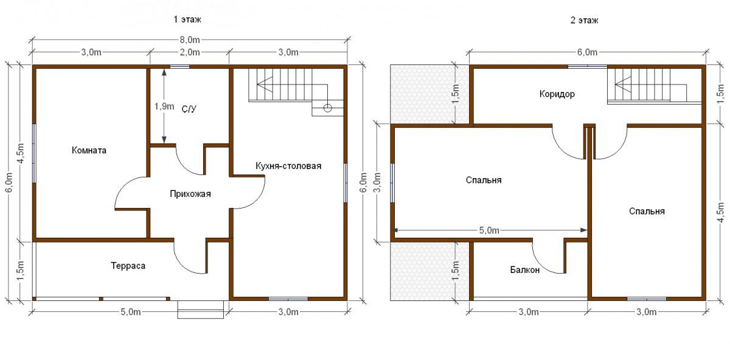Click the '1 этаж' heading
[x=187, y=19]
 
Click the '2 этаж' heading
[x=584, y=20]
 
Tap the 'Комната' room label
[x=89, y=150]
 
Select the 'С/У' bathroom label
[x=189, y=109]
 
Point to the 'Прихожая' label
[x=190, y=194]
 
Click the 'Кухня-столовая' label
[x=288, y=166]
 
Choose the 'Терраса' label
[x=128, y=266]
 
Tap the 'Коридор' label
[x=557, y=94]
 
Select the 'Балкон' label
[x=524, y=270]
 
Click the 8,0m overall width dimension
[x=190, y=40]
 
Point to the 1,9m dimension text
[x=164, y=106]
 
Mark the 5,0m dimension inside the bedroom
[x=489, y=230]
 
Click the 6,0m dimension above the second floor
[x=587, y=52]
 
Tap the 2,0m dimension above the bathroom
[x=190, y=52]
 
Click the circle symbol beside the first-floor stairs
[x=327, y=108]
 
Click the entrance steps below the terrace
[x=200, y=310]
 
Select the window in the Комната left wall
[x=34, y=153]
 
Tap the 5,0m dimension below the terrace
[x=130, y=312]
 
